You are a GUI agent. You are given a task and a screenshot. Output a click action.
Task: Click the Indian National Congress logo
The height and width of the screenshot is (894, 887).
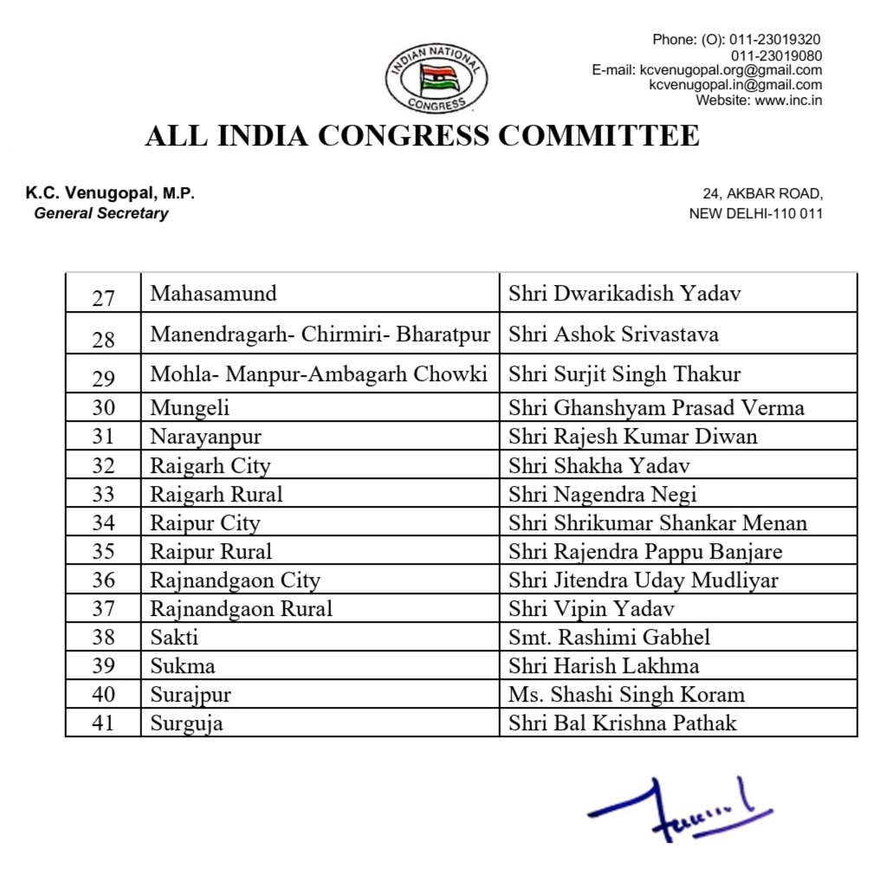(x=437, y=80)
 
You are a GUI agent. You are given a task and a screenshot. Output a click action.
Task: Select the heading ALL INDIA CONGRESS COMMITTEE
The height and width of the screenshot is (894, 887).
(x=422, y=136)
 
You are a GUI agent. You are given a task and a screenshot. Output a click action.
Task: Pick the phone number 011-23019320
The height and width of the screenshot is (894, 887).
(x=774, y=40)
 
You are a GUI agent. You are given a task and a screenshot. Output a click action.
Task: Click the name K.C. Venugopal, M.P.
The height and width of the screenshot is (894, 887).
(x=110, y=193)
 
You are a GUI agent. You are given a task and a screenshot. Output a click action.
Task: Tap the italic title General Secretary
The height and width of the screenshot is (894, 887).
(x=101, y=213)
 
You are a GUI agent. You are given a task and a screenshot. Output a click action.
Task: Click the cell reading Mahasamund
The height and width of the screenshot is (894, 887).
(x=213, y=294)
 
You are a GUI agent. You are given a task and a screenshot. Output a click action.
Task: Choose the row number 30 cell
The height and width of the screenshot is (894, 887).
(x=103, y=408)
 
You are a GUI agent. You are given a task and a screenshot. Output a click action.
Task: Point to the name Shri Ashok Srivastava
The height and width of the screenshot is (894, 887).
(x=613, y=334)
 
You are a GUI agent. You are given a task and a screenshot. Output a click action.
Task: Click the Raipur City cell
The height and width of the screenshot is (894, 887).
(x=204, y=523)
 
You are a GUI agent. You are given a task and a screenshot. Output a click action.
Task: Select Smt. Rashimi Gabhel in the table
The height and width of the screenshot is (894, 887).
(x=609, y=638)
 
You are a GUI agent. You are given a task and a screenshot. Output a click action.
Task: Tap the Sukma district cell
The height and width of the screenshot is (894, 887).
(x=183, y=666)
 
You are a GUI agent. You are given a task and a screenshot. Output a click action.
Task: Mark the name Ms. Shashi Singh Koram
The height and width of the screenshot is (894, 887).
(x=626, y=695)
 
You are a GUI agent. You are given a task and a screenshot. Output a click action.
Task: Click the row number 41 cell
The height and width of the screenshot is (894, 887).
(x=103, y=722)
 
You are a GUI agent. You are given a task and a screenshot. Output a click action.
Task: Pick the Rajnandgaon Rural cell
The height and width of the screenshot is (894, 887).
(x=241, y=609)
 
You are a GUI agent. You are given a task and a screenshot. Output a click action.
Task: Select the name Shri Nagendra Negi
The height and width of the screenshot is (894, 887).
(x=602, y=495)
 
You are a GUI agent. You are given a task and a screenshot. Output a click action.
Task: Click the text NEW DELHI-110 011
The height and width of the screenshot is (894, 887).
(x=755, y=213)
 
